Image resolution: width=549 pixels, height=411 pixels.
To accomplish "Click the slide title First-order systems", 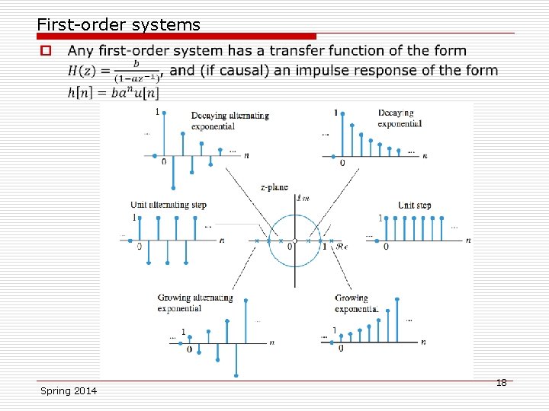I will point(118,24).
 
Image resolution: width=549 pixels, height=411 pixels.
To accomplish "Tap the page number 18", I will point(501,382).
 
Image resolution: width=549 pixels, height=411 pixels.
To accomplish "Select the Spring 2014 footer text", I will point(69,390).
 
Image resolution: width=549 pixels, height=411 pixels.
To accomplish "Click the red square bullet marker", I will point(46,51).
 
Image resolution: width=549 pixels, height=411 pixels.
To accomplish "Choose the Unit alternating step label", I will point(169,205).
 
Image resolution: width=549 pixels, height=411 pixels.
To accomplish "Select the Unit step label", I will point(414,205).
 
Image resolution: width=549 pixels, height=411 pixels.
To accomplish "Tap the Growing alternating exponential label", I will point(195,303).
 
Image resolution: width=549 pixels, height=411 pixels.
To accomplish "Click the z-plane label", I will point(274,186).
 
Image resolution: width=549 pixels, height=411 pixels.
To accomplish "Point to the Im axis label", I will point(303,199).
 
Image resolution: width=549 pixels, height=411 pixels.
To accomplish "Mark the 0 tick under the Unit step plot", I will point(386,247).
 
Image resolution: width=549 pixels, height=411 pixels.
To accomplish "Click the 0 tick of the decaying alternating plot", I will point(164,162).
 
